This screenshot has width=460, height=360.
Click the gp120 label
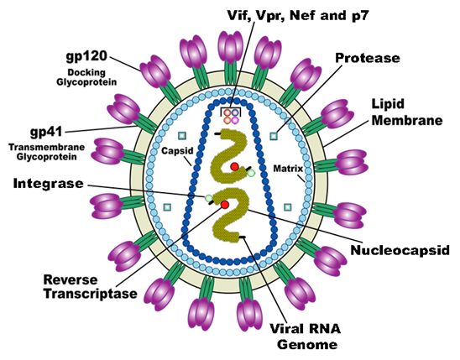click(86, 56)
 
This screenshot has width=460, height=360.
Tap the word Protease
click(368, 58)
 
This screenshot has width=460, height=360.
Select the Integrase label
click(49, 184)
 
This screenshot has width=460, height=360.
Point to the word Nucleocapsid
click(400, 250)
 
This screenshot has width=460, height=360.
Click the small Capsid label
click(177, 151)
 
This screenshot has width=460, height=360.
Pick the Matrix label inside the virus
click(288, 169)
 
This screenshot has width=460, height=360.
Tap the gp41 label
click(46, 133)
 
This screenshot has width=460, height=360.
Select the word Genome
click(307, 344)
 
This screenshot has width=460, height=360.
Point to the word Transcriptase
click(91, 294)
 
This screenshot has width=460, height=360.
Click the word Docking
click(86, 72)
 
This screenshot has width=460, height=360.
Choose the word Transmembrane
click(47, 147)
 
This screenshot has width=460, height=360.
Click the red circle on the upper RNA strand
click(234, 167)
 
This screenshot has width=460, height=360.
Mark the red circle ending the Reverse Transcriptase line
click(225, 205)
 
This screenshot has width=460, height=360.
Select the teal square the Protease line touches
click(274, 136)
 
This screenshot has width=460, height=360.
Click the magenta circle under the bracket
click(235, 120)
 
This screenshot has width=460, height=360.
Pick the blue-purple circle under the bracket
click(235, 112)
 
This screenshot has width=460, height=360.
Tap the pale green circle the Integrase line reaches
click(208, 198)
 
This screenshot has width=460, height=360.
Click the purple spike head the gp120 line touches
click(155, 71)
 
